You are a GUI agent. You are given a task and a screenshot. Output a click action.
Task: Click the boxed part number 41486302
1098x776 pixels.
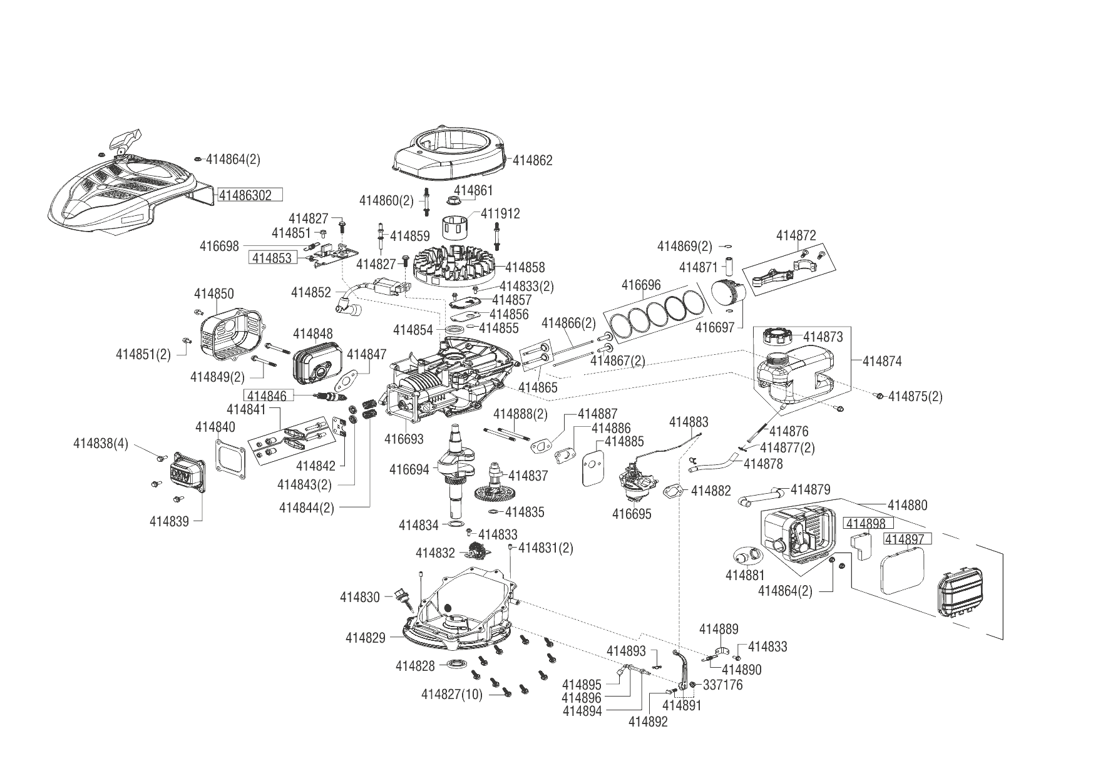pyautogui.click(x=250, y=195)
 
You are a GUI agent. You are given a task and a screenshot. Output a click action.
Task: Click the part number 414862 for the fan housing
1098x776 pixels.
pyautogui.click(x=533, y=160)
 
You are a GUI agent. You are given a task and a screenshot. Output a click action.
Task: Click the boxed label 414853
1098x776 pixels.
pyautogui.click(x=272, y=258)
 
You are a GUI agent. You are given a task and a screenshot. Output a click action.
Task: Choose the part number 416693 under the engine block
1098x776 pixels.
pyautogui.click(x=404, y=439)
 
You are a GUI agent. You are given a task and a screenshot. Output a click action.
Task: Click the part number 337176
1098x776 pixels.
pyautogui.click(x=723, y=685)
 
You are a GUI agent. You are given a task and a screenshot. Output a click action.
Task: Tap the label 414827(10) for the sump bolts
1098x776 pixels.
pyautogui.click(x=452, y=694)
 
